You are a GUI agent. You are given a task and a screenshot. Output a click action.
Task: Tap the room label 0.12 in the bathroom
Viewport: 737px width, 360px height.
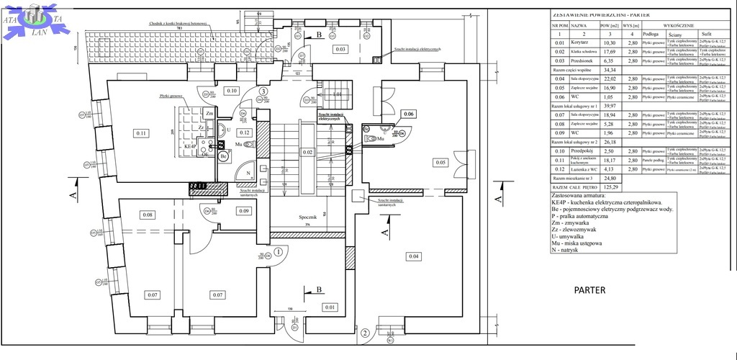click(x=245, y=132)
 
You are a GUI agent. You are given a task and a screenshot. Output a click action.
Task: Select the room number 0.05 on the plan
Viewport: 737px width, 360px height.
click(x=440, y=163)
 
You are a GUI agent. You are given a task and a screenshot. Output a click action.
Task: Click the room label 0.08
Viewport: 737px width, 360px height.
click(x=148, y=215)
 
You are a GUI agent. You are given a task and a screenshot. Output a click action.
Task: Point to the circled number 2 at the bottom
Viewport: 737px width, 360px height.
click(x=365, y=333)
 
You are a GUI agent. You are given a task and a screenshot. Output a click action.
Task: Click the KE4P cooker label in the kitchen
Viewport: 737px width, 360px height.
click(x=191, y=145)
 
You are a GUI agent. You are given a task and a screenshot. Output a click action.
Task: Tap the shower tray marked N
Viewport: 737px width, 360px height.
click(x=247, y=173)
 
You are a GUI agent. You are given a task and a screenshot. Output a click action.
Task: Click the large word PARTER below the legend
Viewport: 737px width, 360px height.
click(x=589, y=291)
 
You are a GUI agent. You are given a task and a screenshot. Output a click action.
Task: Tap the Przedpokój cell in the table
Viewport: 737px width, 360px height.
click(x=581, y=151)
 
